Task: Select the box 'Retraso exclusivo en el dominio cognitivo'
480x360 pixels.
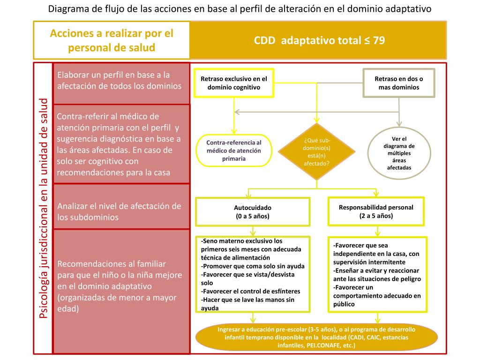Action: (x=233, y=83)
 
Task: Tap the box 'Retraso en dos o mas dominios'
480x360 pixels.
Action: (x=399, y=83)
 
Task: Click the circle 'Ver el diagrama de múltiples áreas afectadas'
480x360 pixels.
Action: (x=399, y=153)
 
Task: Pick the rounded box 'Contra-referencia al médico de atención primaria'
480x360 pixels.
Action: (x=234, y=150)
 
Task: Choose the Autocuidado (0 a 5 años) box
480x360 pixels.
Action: (x=253, y=212)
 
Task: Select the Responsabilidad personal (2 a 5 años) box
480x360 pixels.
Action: (x=376, y=211)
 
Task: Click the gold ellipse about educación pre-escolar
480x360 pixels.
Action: (x=316, y=337)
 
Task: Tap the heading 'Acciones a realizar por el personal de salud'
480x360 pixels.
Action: (x=112, y=40)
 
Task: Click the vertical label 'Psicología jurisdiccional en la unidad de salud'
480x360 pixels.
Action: (x=44, y=209)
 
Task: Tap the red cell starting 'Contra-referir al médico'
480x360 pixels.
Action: (x=121, y=144)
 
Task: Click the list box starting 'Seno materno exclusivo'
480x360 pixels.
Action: (x=253, y=274)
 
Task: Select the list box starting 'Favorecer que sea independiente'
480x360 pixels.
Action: (x=377, y=275)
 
